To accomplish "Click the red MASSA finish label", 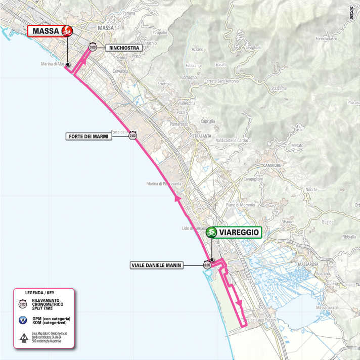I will tap(44, 31).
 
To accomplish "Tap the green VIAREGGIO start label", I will tap(239, 233).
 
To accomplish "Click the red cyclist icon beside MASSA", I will tap(66, 31).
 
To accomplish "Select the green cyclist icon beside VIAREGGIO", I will tap(211, 233).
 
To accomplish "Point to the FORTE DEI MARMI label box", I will tap(87, 137).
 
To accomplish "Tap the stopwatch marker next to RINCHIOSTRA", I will tap(93, 48).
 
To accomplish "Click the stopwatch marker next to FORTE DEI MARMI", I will tap(132, 136).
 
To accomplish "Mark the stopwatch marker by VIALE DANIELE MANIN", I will tap(207, 264).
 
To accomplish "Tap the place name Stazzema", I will tap(279, 88).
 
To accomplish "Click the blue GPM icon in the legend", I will tap(23, 320).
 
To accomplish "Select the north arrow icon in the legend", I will tap(23, 336).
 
